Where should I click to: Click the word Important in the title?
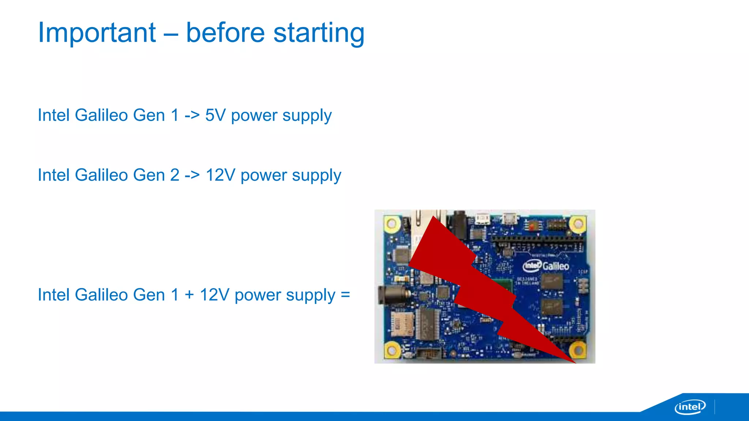pyautogui.click(x=97, y=33)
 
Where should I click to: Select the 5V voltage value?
pyautogui.click(x=215, y=115)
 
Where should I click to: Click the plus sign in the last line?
pyautogui.click(x=189, y=295)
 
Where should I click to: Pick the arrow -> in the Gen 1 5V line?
pyautogui.click(x=192, y=115)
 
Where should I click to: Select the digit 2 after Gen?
pyautogui.click(x=174, y=175)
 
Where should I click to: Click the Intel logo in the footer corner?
pyautogui.click(x=690, y=407)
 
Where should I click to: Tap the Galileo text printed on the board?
pyautogui.click(x=556, y=266)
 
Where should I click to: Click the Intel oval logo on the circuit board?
pyautogui.click(x=532, y=265)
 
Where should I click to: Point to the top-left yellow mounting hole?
pyautogui.click(x=392, y=223)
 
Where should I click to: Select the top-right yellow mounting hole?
pyautogui.click(x=578, y=223)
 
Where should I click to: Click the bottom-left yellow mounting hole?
pyautogui.click(x=392, y=350)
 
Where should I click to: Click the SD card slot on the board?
pyautogui.click(x=402, y=323)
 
